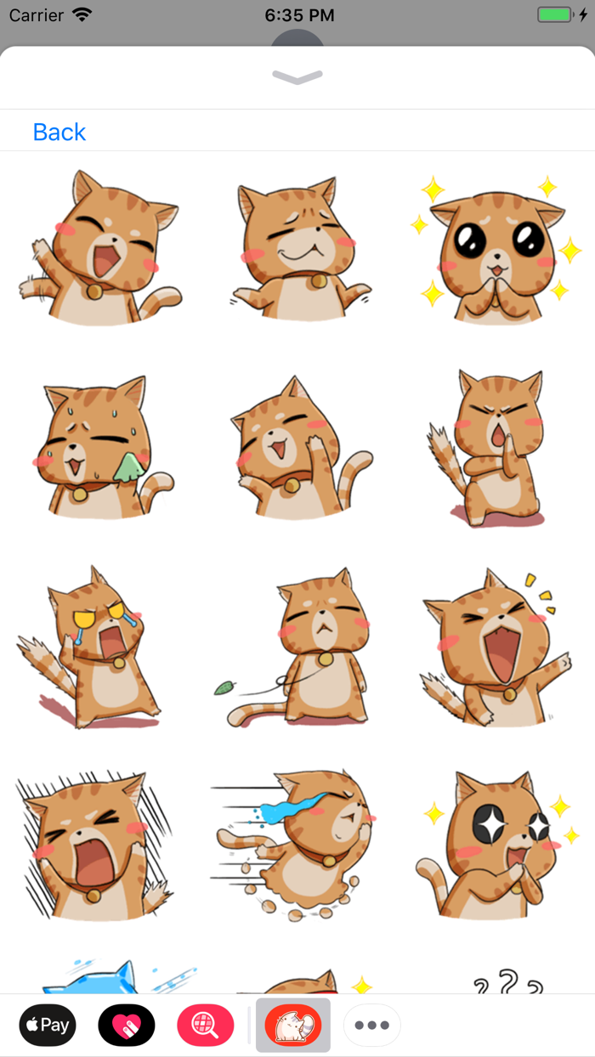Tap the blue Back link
(59, 132)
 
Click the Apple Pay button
(48, 1026)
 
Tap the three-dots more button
(372, 1026)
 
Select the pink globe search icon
(205, 1026)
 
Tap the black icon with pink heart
(127, 1026)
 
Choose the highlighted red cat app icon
(293, 1026)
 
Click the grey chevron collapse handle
(297, 77)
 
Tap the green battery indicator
(556, 15)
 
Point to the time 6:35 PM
(299, 15)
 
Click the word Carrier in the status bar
(37, 15)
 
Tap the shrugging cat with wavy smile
(297, 246)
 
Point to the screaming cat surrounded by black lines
(93, 845)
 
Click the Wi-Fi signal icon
(82, 15)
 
